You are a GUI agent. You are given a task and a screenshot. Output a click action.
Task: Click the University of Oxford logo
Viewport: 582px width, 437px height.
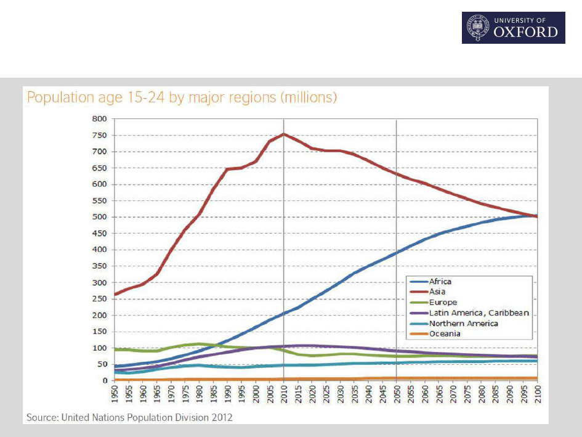point(513,28)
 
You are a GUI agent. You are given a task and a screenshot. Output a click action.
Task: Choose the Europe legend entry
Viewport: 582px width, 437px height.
point(442,302)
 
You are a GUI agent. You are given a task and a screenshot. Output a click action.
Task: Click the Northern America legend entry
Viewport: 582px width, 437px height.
point(463,323)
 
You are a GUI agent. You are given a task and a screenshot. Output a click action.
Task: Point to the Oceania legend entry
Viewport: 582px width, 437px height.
point(445,333)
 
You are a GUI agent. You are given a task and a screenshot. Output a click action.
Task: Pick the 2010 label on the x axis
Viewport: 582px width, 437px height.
point(283,394)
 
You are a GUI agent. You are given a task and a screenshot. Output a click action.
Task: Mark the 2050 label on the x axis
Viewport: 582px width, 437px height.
point(396,394)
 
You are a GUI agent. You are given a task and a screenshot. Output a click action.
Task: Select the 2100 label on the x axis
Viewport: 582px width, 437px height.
point(536,394)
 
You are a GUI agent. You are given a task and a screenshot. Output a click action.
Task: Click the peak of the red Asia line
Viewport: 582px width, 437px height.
point(283,134)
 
